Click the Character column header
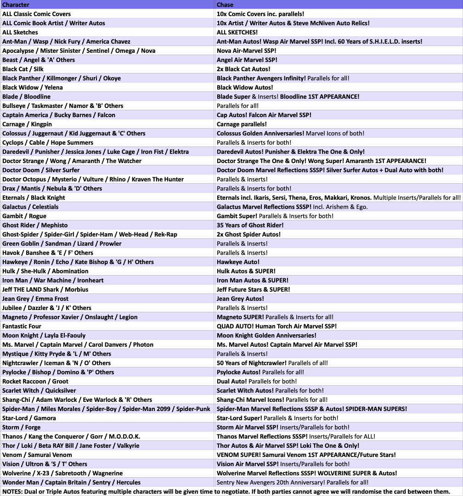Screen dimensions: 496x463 (16, 5)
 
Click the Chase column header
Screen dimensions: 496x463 (225, 5)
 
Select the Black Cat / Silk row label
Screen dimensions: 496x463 (23, 69)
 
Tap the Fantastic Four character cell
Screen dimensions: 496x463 (22, 326)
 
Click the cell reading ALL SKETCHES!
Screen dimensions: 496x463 (237, 32)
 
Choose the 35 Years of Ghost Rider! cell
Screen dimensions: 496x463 (250, 225)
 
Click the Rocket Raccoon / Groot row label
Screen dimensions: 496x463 (35, 381)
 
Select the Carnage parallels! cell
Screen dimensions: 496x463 (242, 124)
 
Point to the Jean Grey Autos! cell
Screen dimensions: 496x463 (240, 299)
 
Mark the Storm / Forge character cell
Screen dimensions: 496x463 (21, 427)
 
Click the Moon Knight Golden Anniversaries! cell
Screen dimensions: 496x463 (266, 335)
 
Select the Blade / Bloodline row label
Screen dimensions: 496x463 (26, 96)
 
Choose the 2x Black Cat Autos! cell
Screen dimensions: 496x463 (243, 69)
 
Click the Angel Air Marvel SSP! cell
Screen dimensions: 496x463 (247, 60)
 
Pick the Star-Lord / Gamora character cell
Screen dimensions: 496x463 (29, 418)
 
